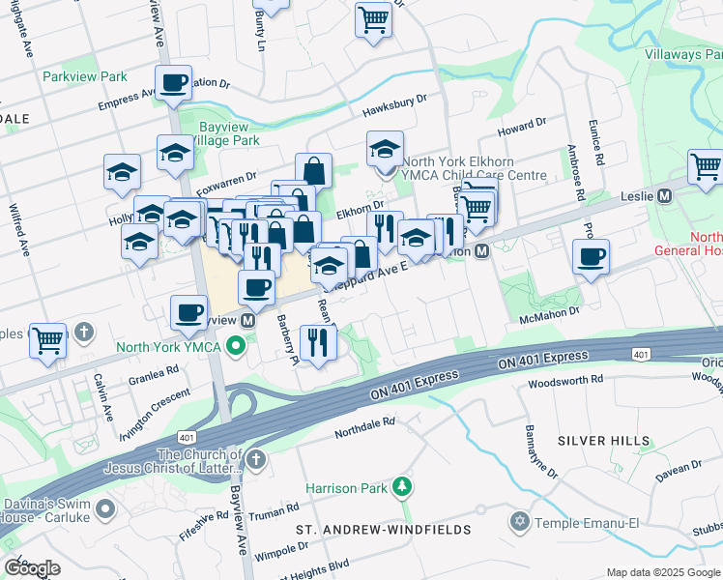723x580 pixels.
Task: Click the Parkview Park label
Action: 84,76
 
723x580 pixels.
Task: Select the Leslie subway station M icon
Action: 664,196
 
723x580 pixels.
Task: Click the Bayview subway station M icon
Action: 248,320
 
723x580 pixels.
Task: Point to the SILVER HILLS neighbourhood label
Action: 604,441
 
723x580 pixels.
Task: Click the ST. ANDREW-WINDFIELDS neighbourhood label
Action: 384,530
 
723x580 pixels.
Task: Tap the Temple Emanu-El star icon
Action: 519,522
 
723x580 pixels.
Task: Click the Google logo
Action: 32,568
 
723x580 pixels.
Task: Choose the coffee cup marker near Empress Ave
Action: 174,84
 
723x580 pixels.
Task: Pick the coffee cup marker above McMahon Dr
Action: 591,257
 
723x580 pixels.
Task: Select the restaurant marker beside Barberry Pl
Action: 317,342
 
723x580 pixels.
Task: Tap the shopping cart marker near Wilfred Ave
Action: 48,341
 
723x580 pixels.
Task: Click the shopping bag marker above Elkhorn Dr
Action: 313,171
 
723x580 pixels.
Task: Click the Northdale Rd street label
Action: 365,422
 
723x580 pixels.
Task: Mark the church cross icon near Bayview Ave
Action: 255,459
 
